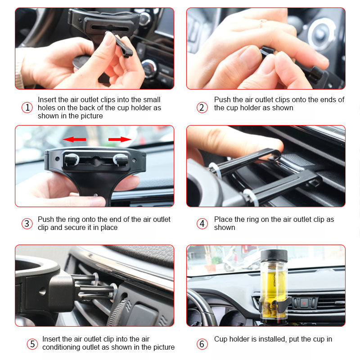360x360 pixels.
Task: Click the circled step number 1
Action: point(27,108)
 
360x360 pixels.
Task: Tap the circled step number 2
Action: point(202,108)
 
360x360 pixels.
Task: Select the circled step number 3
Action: point(27,224)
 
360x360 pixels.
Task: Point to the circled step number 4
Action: point(202,224)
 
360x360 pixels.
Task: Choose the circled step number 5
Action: point(32,344)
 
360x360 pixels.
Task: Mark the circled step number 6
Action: point(202,344)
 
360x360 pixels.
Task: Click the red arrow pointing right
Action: point(120,139)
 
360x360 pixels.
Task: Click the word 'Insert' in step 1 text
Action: point(47,100)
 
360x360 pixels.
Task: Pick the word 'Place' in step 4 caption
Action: point(223,220)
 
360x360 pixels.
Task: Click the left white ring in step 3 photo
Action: point(71,160)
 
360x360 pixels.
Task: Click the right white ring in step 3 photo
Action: point(120,160)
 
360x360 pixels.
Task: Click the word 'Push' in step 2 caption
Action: point(222,100)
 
